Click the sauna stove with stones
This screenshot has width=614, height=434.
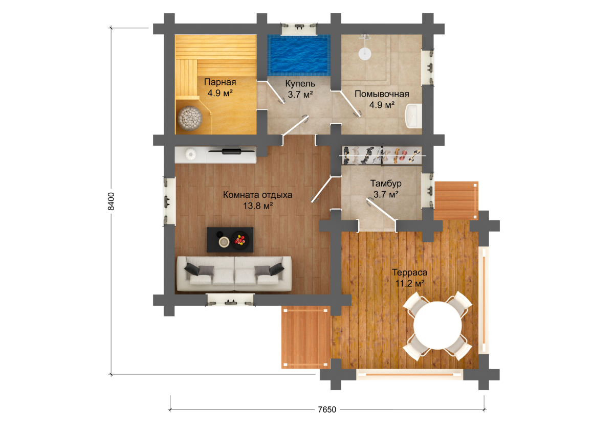[190, 118]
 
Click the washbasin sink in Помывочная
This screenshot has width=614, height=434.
[413, 116]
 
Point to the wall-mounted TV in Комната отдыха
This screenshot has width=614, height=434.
[232, 150]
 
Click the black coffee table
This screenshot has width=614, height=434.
[230, 240]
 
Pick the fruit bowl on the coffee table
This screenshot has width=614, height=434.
[240, 240]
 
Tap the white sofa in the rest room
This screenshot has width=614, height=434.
[234, 274]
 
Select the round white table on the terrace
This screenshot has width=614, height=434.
[437, 325]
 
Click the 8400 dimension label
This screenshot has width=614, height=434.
[111, 201]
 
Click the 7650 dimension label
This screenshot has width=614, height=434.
[327, 409]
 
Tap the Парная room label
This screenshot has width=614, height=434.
[220, 82]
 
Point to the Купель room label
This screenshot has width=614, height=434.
[300, 83]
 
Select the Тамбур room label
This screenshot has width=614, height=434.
[386, 183]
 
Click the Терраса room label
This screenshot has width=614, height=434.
[409, 272]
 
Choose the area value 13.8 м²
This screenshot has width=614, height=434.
[258, 205]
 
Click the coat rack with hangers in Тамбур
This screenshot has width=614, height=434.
[382, 156]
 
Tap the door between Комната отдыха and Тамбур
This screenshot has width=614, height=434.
[322, 190]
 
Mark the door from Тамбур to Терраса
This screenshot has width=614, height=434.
[382, 210]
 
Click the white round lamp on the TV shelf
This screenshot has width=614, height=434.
[190, 154]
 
